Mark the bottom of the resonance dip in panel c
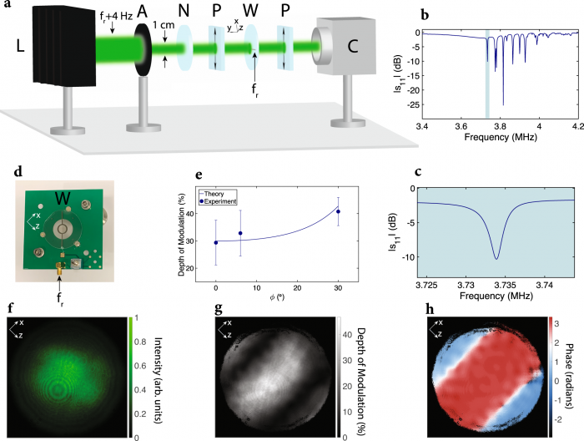pyautogui.click(x=496, y=258)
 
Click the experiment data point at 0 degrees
pyautogui.click(x=216, y=243)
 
